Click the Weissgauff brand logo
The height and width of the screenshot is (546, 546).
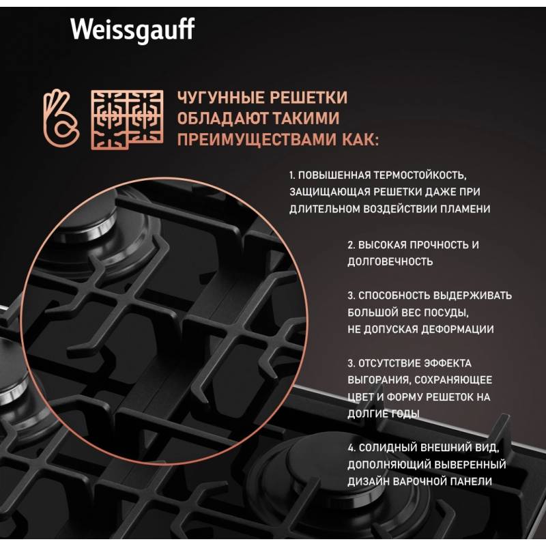(x=132, y=30)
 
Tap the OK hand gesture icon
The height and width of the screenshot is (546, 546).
(x=61, y=118)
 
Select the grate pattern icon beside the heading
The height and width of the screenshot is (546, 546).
(x=127, y=120)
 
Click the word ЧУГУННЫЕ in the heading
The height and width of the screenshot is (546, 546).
(x=218, y=98)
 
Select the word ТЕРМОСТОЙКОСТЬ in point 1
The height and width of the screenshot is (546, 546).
(x=420, y=175)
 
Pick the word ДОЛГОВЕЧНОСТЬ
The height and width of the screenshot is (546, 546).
(x=390, y=261)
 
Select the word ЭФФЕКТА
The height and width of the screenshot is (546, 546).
(x=448, y=363)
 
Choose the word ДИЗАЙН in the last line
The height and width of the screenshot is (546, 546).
(x=369, y=482)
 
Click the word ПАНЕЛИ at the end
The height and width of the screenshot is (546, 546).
(x=471, y=482)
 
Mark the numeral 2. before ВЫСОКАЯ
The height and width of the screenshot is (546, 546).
(x=351, y=245)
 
